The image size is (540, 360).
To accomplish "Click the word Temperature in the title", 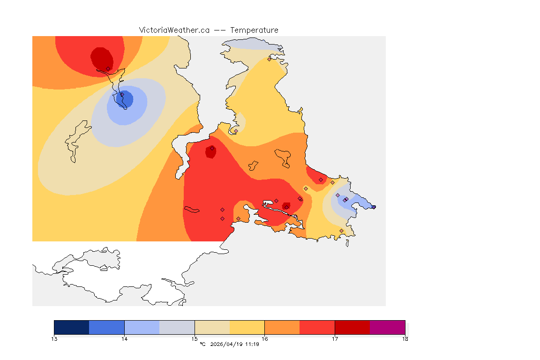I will click(x=254, y=30).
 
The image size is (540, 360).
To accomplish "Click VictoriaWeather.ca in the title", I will click(x=174, y=30).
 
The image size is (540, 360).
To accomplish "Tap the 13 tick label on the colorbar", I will click(x=54, y=339).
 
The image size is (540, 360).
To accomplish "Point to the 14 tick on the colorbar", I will click(x=124, y=339).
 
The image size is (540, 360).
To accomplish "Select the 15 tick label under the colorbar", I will click(x=195, y=339).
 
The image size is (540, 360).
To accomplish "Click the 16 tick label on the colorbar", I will click(x=265, y=339).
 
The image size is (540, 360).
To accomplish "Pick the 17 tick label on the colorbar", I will click(x=335, y=339).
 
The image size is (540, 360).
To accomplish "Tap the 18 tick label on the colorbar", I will click(x=405, y=339).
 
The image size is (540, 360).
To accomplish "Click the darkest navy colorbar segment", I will click(x=71, y=327).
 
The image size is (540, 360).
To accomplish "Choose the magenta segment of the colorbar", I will click(x=387, y=327).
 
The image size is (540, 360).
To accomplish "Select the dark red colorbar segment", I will click(x=352, y=327).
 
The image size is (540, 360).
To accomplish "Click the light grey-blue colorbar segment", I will click(x=177, y=327).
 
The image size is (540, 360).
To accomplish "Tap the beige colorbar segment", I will click(x=212, y=327).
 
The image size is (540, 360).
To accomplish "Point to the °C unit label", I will click(x=202, y=345).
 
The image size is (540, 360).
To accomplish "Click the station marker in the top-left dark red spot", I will click(x=108, y=68).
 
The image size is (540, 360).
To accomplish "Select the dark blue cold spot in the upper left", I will click(x=126, y=99).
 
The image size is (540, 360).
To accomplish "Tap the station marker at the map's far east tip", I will click(x=374, y=207).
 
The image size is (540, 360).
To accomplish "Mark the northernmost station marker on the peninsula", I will click(x=269, y=59).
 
